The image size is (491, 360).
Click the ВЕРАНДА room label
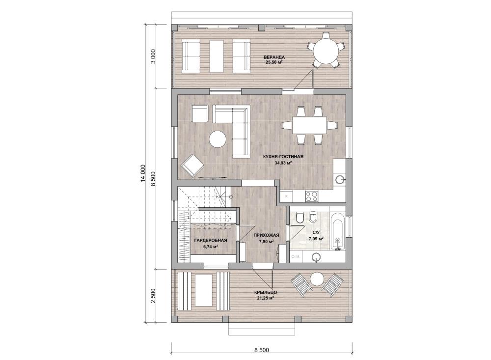(x=273, y=57)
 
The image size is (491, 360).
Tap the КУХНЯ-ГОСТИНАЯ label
(x=283, y=157)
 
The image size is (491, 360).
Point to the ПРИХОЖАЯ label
(x=266, y=235)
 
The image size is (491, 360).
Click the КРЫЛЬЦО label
(x=266, y=293)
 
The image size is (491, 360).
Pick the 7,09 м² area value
(x=316, y=239)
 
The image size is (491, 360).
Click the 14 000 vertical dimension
(x=143, y=173)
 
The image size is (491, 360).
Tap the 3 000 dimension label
(x=153, y=56)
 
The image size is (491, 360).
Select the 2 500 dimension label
(x=153, y=296)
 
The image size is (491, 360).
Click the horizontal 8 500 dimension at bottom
(x=262, y=350)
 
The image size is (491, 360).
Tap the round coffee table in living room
(x=218, y=139)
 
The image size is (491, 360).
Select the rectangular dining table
(x=310, y=126)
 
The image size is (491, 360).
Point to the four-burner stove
(x=311, y=196)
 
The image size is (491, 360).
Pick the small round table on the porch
(x=317, y=279)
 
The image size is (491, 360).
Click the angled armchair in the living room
(x=192, y=166)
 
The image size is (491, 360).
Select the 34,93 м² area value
(x=283, y=163)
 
